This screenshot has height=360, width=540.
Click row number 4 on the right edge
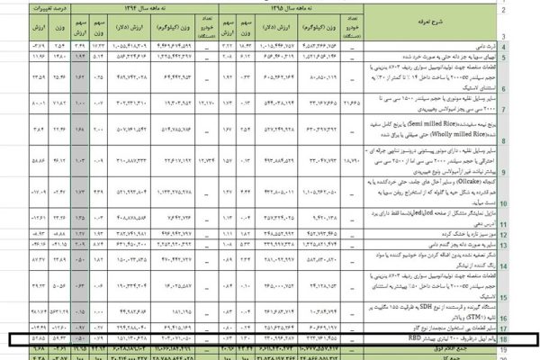528,44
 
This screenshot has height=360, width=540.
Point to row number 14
528,257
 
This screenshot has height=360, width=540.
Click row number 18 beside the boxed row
528,337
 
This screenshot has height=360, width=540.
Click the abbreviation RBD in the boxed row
386,337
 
